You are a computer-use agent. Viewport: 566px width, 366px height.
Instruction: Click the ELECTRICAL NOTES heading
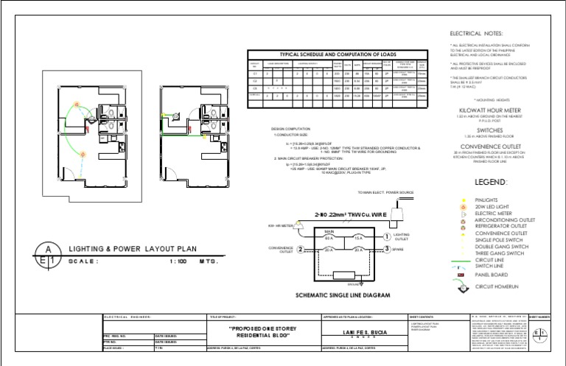coord(477,35)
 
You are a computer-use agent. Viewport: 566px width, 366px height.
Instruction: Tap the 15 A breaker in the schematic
coord(358,238)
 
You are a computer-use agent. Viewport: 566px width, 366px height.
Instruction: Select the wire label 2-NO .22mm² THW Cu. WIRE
coord(328,215)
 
